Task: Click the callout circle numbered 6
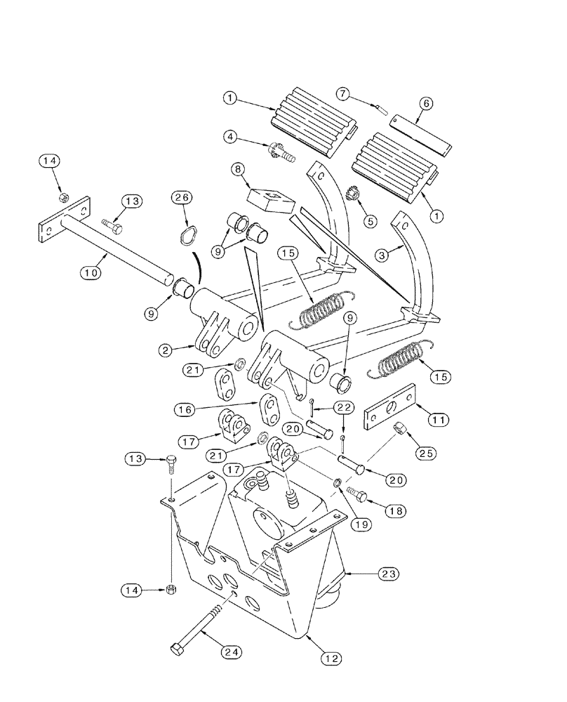click(426, 104)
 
